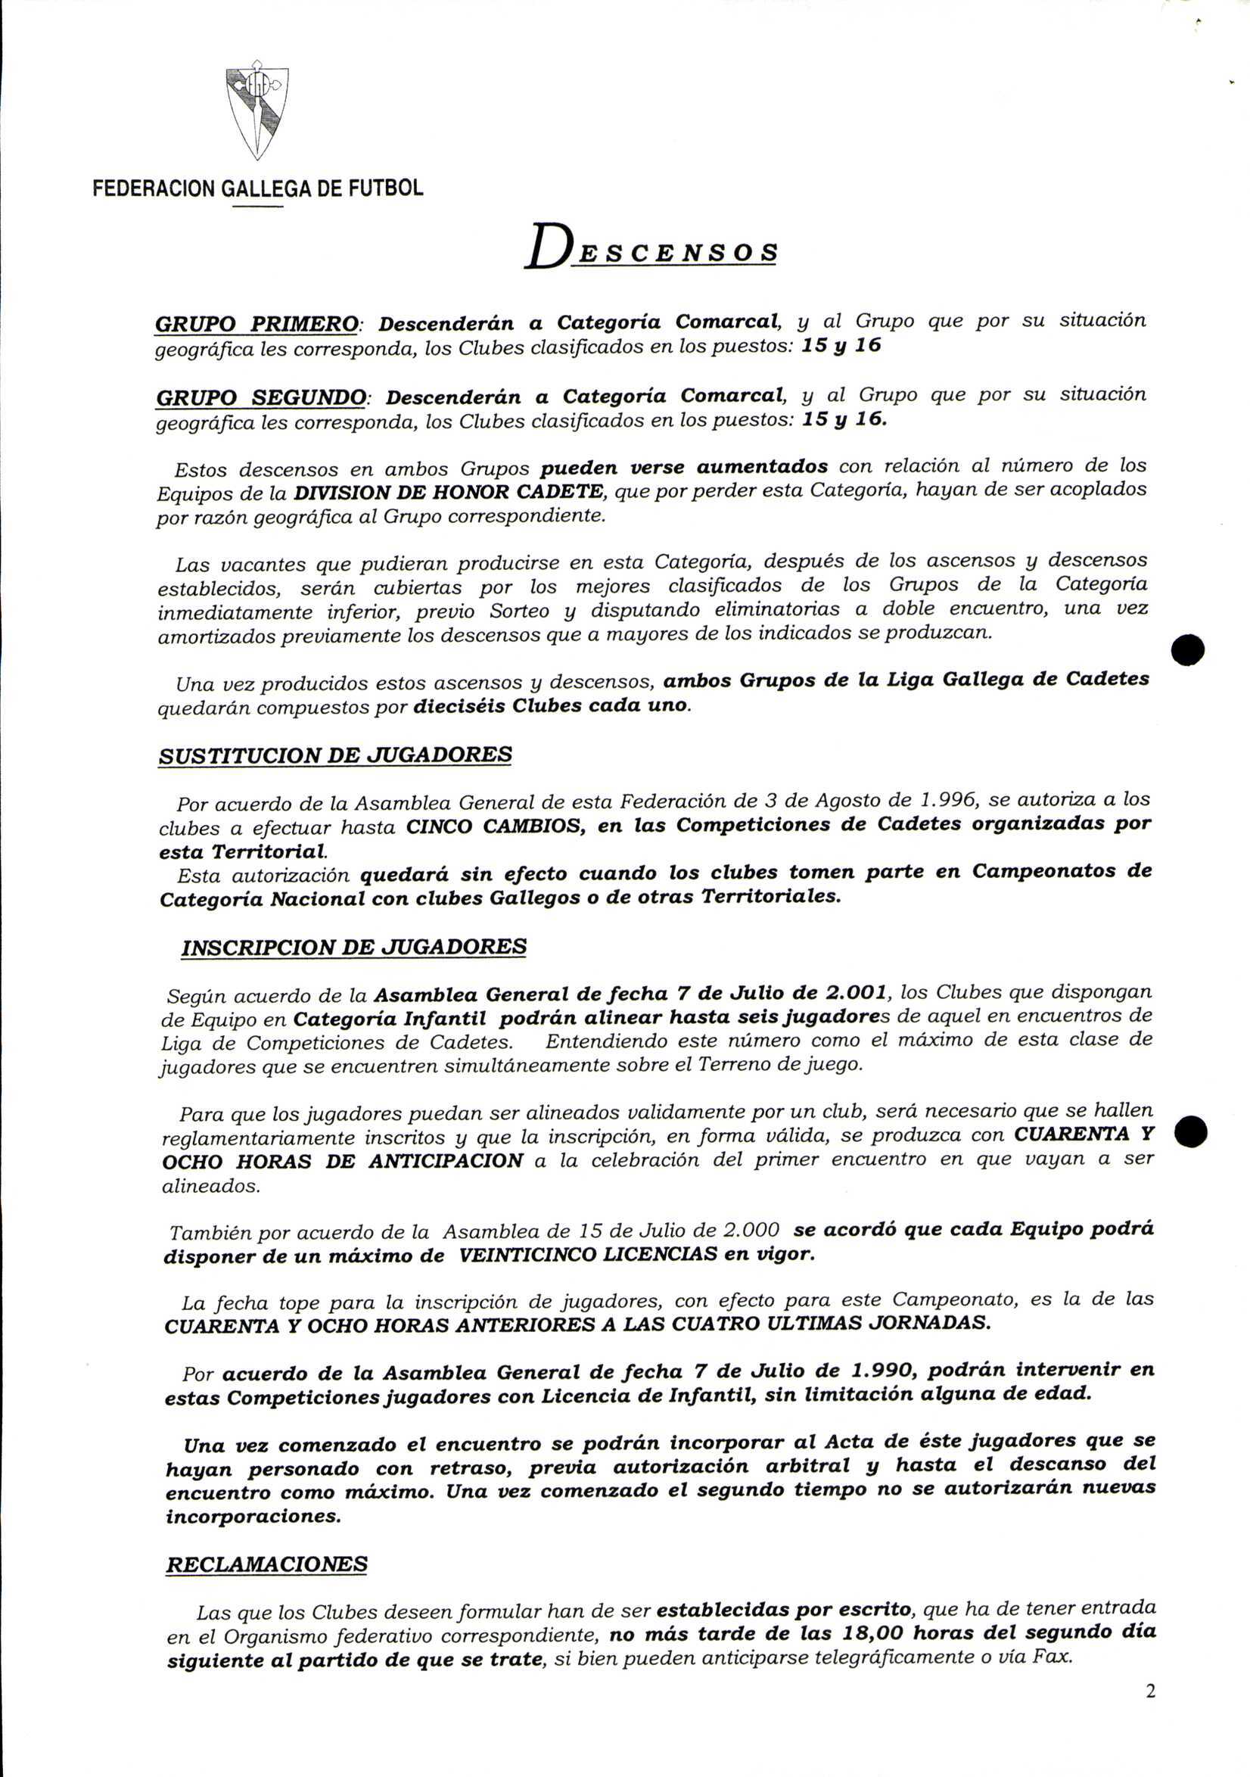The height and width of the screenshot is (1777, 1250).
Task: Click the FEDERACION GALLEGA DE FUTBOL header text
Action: click(258, 188)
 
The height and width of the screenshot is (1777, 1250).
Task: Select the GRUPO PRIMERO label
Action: click(257, 324)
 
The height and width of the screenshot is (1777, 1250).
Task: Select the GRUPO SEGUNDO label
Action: click(261, 399)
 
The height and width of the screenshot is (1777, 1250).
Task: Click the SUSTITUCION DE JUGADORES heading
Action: click(335, 755)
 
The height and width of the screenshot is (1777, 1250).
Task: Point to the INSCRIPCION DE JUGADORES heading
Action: click(353, 948)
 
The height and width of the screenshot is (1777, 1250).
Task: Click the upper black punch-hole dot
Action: click(1187, 649)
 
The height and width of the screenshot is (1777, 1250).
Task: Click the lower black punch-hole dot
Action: click(1189, 1132)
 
